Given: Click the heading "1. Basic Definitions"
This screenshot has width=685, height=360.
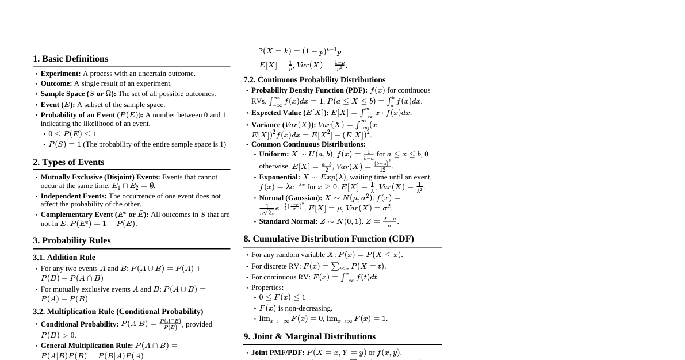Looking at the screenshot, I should (x=70, y=59).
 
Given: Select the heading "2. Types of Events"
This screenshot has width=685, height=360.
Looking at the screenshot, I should (x=68, y=162).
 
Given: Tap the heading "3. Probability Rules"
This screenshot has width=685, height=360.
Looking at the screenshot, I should (x=72, y=240).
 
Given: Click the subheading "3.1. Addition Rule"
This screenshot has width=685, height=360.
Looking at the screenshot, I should (x=64, y=257).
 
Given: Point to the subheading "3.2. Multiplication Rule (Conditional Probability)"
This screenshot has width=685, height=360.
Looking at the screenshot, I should (x=118, y=311).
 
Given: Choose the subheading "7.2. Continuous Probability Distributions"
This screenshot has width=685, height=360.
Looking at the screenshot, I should (x=314, y=79).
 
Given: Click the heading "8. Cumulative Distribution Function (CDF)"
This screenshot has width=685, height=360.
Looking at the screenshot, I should (x=328, y=239).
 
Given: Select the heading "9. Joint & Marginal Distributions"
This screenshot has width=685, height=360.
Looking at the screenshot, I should (x=309, y=336).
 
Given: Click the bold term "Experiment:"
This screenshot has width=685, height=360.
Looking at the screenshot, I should (x=60, y=74).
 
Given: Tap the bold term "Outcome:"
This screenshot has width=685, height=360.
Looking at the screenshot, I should (x=56, y=83).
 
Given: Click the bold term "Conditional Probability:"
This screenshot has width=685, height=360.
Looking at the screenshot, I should (x=79, y=324).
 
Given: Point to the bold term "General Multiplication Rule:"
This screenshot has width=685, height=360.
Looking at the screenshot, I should (x=87, y=346).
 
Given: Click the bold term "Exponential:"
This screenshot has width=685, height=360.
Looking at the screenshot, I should (x=280, y=177).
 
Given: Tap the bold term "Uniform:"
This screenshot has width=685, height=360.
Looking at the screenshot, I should (x=274, y=154).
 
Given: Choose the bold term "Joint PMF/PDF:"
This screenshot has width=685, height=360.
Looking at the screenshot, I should (x=278, y=353).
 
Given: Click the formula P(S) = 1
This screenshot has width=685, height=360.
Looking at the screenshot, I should (x=65, y=144).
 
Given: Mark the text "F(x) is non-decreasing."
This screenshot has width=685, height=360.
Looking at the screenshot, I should (x=296, y=308).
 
